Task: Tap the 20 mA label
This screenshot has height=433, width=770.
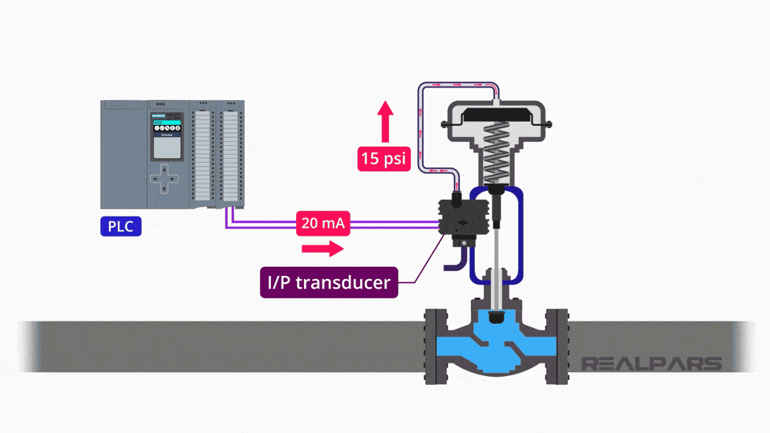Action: click(323, 224)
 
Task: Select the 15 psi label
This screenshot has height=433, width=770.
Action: click(384, 158)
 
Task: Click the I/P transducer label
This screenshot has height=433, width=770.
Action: click(329, 282)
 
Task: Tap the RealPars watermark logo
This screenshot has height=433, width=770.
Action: click(651, 363)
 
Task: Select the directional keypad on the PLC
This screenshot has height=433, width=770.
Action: click(165, 178)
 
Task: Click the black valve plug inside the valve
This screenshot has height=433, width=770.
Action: click(497, 318)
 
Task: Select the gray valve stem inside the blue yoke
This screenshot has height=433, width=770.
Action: click(498, 257)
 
